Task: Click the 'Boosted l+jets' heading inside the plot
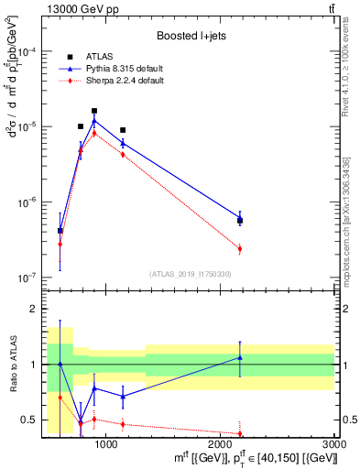tap(191, 36)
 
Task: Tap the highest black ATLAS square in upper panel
tap(94, 111)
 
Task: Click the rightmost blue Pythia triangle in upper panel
tap(240, 218)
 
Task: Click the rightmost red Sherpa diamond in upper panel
tap(240, 248)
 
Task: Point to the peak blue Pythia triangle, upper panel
tap(94, 120)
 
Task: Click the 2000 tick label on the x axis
tap(221, 444)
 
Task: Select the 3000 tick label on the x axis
tap(333, 444)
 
